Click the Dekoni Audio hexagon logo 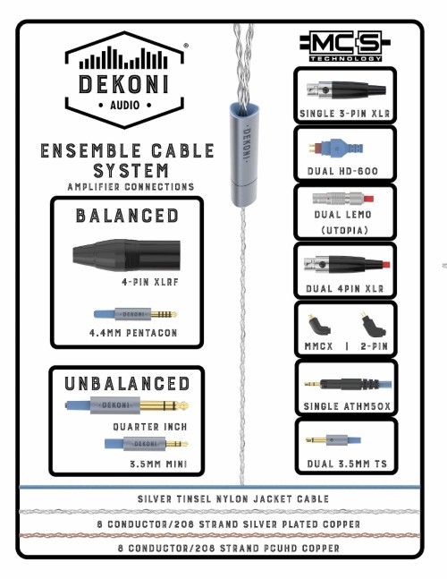click(124, 81)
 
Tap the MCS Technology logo click(344, 47)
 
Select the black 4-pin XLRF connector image click(127, 254)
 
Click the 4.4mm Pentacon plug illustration click(135, 314)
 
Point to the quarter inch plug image click(127, 405)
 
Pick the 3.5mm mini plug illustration click(146, 443)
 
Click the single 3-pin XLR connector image click(346, 89)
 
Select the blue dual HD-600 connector click(336, 149)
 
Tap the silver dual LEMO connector click(343, 198)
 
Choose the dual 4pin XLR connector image click(346, 264)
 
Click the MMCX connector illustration click(319, 324)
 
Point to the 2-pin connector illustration click(373, 324)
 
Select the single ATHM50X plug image click(348, 385)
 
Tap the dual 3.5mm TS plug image click(333, 439)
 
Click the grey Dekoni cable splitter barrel click(244, 154)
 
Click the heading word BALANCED click(127, 216)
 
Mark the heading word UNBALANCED click(127, 384)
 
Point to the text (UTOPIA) click(345, 230)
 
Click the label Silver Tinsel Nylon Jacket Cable click(233, 498)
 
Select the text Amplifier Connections click(131, 187)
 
